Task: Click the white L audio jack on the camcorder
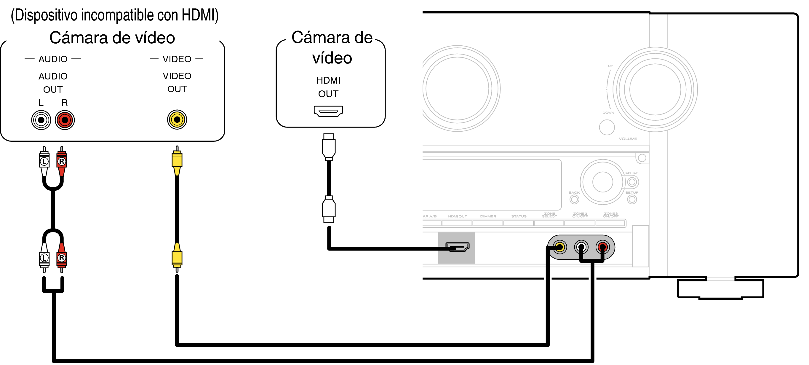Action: click(x=41, y=120)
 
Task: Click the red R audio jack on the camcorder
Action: click(x=65, y=120)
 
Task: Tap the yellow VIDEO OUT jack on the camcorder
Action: click(x=177, y=119)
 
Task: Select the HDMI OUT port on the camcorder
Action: click(x=328, y=111)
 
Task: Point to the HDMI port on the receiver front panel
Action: click(x=458, y=247)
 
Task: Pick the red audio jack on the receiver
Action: click(x=602, y=247)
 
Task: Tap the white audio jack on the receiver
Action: click(x=581, y=247)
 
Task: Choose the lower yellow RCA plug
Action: click(x=177, y=258)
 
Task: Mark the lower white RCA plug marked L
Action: click(x=44, y=258)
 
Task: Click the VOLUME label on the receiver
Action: click(x=628, y=138)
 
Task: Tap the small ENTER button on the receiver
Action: click(x=632, y=182)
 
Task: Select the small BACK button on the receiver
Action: click(x=574, y=199)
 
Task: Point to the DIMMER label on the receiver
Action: click(x=488, y=216)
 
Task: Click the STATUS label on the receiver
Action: click(x=519, y=216)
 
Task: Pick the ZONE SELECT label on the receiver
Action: click(x=549, y=215)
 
